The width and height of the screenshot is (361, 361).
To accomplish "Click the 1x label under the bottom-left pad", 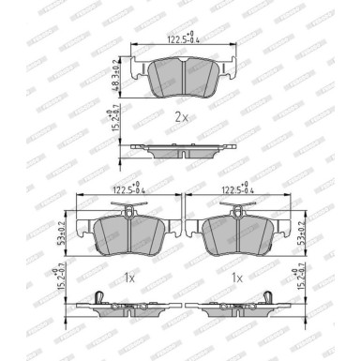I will coord(130,278).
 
